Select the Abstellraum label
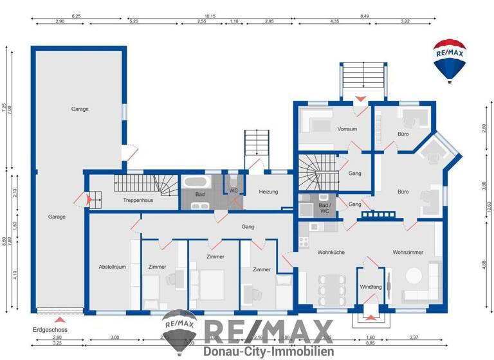(x=111, y=267)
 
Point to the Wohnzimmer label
(x=408, y=253)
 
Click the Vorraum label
(x=347, y=129)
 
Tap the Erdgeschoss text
(x=50, y=329)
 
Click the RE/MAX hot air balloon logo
(x=449, y=60)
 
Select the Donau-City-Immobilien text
(x=268, y=352)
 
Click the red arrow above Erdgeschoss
(x=59, y=319)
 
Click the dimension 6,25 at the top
(x=76, y=15)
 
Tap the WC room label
(x=234, y=191)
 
